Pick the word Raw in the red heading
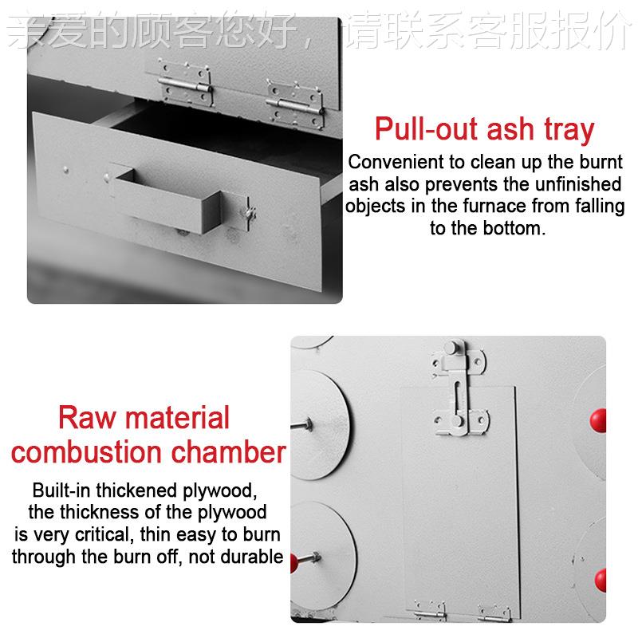pos(86,417)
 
